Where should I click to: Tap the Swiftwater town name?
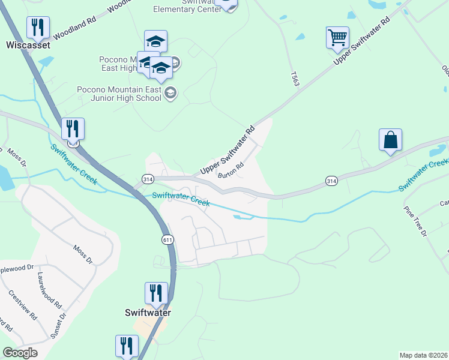[148, 313]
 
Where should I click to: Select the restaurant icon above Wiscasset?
[38, 27]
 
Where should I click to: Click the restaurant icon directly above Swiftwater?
[156, 293]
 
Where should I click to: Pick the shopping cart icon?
[337, 37]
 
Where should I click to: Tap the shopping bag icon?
[390, 140]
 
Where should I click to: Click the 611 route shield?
[167, 239]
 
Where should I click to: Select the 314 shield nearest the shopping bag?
[331, 181]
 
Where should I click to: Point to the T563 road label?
[294, 80]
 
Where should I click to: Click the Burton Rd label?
[231, 171]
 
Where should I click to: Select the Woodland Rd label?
[74, 28]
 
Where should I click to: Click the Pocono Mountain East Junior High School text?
[119, 94]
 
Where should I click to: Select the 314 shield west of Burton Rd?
[147, 179]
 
